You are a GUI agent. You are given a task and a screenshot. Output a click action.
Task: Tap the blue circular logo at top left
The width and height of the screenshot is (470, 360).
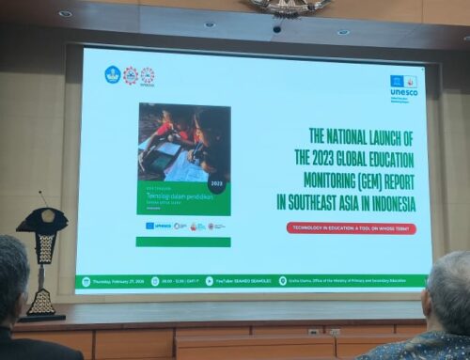pyautogui.click(x=113, y=74)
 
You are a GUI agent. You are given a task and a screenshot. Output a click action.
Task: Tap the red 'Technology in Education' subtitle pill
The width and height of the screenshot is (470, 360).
pyautogui.click(x=352, y=227)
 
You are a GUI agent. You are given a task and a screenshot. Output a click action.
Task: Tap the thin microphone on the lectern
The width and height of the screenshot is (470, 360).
pyautogui.click(x=43, y=198)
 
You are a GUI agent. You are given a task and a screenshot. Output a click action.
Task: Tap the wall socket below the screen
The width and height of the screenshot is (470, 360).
pyautogui.click(x=314, y=332)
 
